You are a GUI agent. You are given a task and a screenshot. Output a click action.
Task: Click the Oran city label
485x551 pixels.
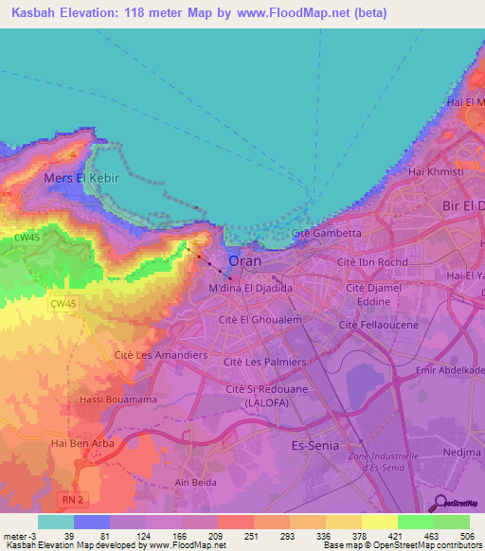point(245,260)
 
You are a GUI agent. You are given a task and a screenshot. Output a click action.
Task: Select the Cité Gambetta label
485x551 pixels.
point(327,233)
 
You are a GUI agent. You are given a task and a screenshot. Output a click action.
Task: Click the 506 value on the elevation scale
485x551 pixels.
point(466,536)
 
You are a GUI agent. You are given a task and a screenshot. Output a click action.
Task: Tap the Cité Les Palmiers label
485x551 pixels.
point(264,362)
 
